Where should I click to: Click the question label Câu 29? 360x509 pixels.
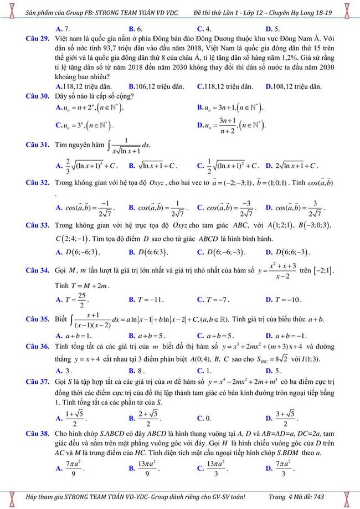click(38, 39)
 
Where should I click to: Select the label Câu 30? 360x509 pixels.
click(38, 96)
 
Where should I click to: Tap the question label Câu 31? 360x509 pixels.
click(38, 146)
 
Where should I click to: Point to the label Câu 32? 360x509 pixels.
click(38, 183)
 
